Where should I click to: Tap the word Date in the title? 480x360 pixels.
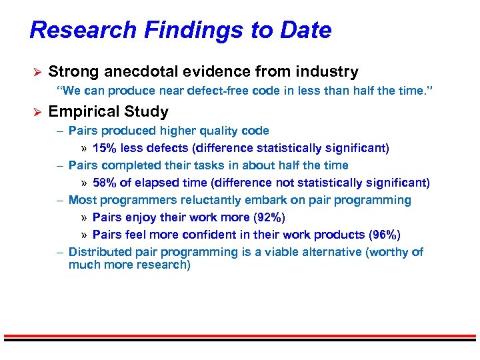305,31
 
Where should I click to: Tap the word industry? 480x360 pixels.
327,72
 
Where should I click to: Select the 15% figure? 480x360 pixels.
105,148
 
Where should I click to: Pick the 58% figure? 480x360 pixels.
105,183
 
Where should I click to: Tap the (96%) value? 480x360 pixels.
385,235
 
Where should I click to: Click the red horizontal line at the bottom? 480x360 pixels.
240,335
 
